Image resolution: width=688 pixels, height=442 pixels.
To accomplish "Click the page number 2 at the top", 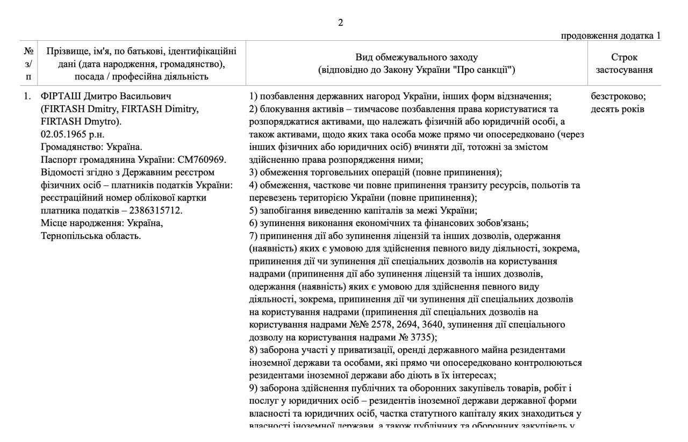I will [340, 23].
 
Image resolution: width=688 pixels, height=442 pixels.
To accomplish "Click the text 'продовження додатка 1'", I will [611, 35].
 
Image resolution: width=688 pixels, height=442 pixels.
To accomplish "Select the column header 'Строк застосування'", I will [624, 63].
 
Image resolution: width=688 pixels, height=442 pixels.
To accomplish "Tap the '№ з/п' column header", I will [28, 63].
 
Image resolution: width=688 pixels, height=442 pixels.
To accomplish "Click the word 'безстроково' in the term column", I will [618, 97].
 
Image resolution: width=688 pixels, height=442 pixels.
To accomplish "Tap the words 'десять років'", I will [618, 110].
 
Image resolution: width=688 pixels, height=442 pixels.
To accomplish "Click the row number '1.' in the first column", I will [27, 97].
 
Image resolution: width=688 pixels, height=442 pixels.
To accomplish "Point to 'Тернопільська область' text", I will [91, 236].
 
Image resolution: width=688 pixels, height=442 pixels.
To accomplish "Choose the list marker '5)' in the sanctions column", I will [254, 211].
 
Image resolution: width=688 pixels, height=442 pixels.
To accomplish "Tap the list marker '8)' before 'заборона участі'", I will [254, 350].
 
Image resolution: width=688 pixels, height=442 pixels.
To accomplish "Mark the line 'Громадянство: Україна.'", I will [91, 147].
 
